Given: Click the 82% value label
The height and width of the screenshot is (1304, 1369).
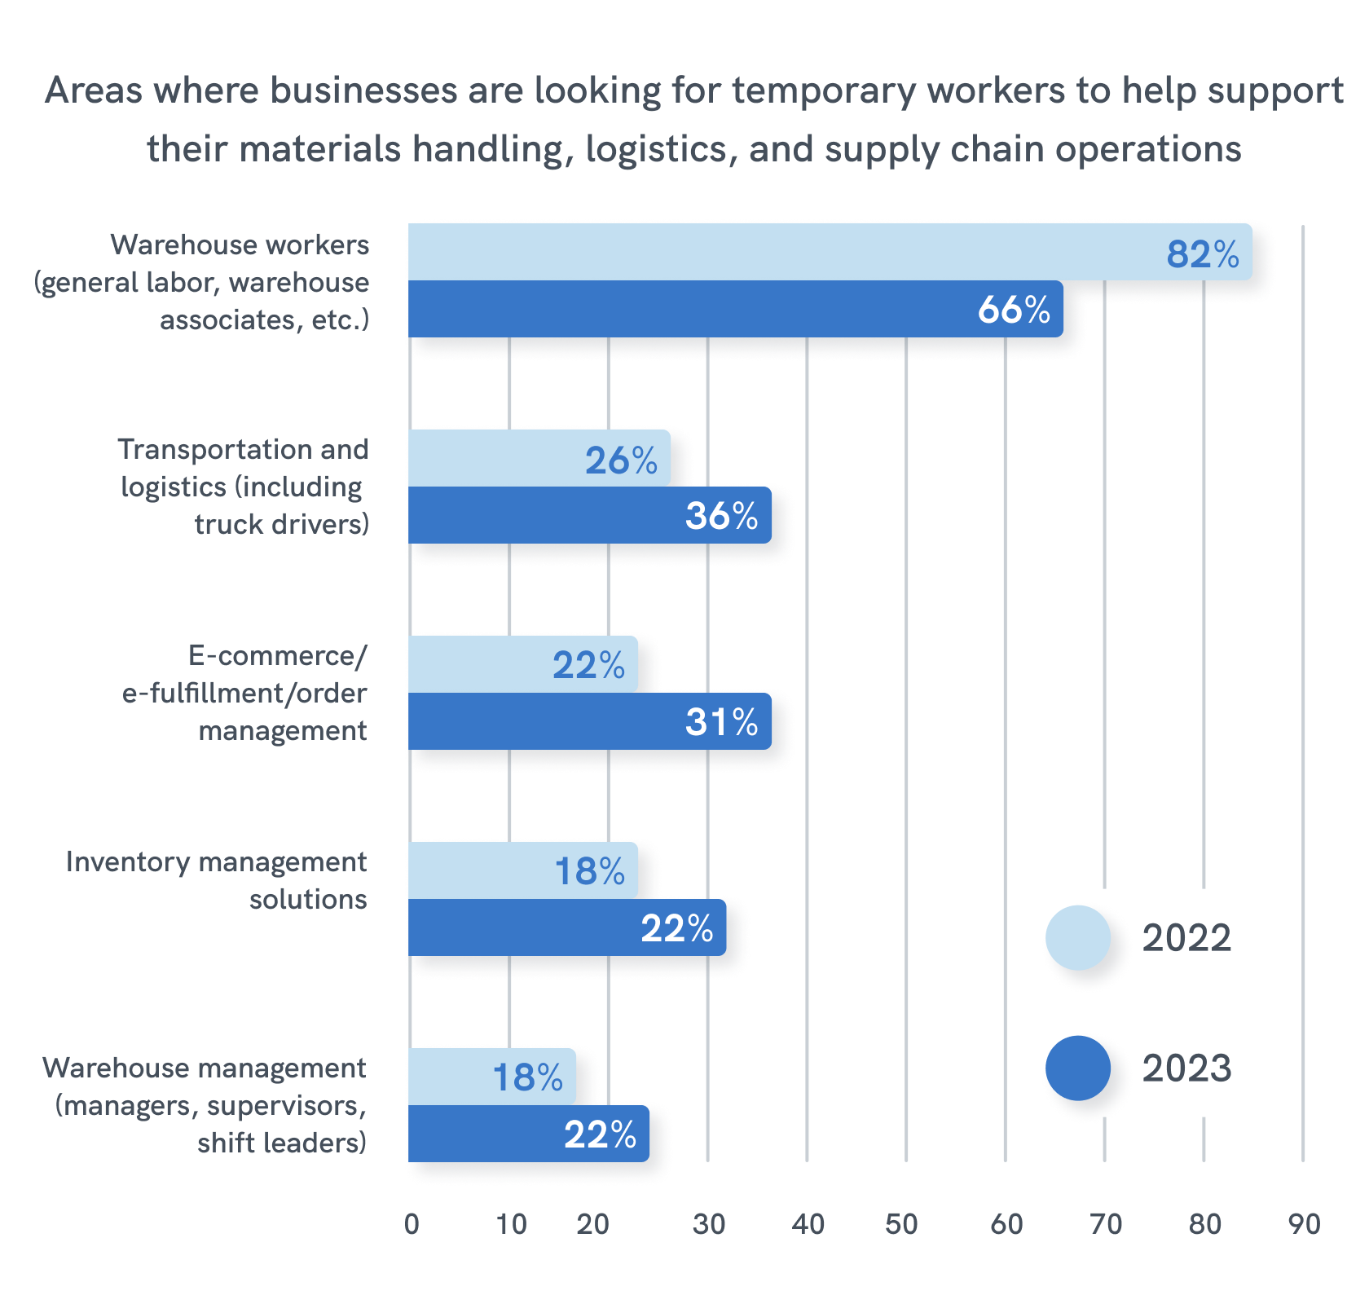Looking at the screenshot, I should pyautogui.click(x=1203, y=254).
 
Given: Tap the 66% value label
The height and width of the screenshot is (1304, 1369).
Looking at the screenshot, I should pyautogui.click(x=1014, y=310).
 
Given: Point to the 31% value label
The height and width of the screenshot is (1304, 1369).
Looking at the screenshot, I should pyautogui.click(x=721, y=722).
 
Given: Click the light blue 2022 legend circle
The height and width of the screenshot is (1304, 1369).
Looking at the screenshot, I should pyautogui.click(x=1077, y=937).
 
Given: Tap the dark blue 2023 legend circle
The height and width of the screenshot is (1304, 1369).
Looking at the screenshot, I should pyautogui.click(x=1077, y=1068).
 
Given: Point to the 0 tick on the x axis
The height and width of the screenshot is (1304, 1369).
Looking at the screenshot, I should pyautogui.click(x=412, y=1224).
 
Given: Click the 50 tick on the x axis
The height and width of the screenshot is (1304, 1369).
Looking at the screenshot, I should pyautogui.click(x=901, y=1224).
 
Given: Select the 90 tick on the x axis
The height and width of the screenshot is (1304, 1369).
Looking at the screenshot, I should pyautogui.click(x=1304, y=1224).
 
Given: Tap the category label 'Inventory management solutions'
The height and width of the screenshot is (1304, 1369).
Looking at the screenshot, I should pyautogui.click(x=217, y=880).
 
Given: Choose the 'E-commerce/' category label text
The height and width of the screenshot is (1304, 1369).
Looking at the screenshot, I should pyautogui.click(x=278, y=655).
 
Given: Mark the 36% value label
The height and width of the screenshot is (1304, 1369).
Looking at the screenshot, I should pyautogui.click(x=721, y=516).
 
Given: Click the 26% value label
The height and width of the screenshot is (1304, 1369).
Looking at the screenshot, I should pyautogui.click(x=621, y=461).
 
